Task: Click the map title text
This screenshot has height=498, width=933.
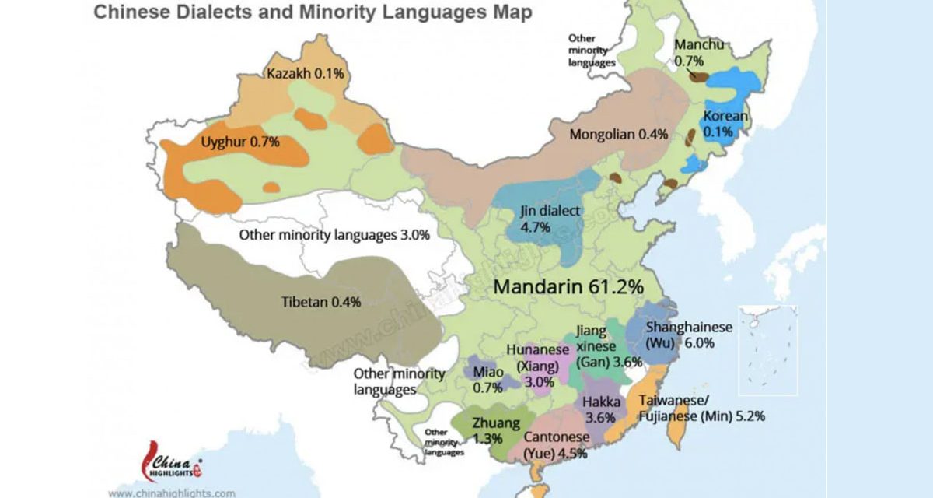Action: tap(313, 13)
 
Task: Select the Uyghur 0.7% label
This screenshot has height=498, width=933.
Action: tap(240, 142)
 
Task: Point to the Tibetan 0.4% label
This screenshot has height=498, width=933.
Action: tap(320, 303)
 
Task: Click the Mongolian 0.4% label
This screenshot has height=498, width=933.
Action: tap(619, 134)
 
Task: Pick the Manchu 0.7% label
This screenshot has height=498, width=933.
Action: tap(700, 52)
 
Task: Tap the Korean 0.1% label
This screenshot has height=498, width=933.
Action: tap(725, 124)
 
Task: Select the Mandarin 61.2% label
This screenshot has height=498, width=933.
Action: tap(568, 286)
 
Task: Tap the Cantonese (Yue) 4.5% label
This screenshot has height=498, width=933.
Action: tap(554, 446)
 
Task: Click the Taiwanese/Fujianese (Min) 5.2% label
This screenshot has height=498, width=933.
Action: tap(701, 409)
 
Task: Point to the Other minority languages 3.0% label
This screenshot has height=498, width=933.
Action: tap(334, 235)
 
